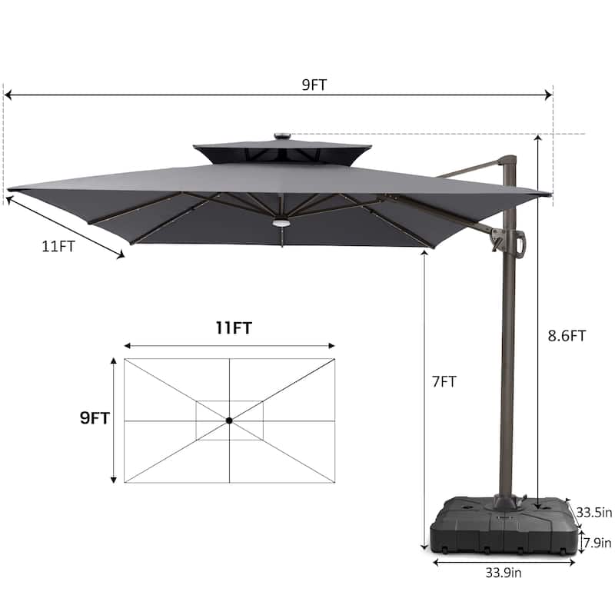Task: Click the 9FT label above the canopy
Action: pyautogui.click(x=314, y=85)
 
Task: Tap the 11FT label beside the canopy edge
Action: pyautogui.click(x=58, y=246)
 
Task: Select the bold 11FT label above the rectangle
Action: pyautogui.click(x=234, y=328)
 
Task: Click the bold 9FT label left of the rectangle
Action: pyautogui.click(x=95, y=418)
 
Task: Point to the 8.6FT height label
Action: pyautogui.click(x=567, y=336)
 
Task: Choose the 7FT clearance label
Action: pyautogui.click(x=444, y=381)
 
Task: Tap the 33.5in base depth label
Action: pyautogui.click(x=593, y=512)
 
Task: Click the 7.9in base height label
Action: pyautogui.click(x=598, y=543)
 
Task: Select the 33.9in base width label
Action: pyautogui.click(x=504, y=573)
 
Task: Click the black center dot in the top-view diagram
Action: pyautogui.click(x=229, y=421)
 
